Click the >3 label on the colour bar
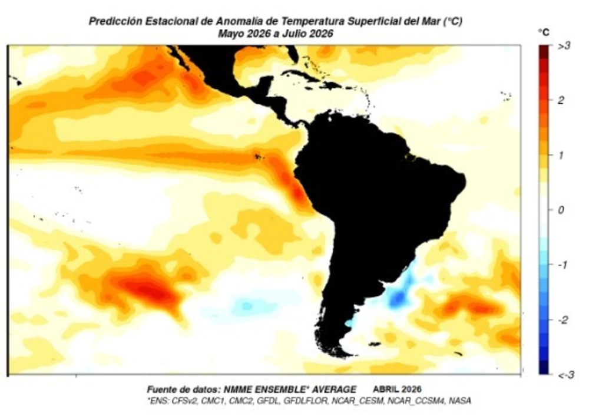click(x=564, y=46)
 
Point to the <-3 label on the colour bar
click(x=565, y=375)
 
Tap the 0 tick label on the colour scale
click(x=561, y=210)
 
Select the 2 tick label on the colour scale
click(x=561, y=100)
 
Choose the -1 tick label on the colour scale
click(x=562, y=265)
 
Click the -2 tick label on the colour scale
click(x=562, y=320)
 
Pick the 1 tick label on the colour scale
click(x=561, y=155)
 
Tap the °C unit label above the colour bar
click(x=544, y=32)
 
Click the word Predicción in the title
click(x=115, y=21)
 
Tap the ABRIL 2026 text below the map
click(x=397, y=389)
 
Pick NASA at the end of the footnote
click(x=460, y=401)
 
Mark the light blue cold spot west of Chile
click(x=247, y=305)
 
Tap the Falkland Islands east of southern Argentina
click(x=375, y=344)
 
